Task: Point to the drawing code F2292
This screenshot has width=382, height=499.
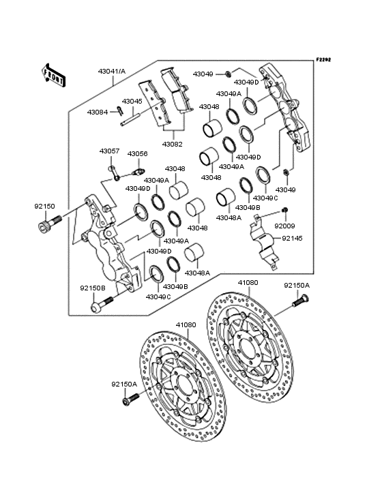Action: pos(323,59)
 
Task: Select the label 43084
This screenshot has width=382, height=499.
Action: pos(98,112)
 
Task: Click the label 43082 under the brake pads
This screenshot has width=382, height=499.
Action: pos(172,144)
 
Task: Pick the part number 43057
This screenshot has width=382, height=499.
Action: pos(109,151)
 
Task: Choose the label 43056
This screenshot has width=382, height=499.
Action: pos(138,153)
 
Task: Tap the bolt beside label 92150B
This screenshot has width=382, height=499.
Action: pos(98,305)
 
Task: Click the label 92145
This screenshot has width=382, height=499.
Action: pos(293,239)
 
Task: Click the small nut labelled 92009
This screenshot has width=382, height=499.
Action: pos(287,209)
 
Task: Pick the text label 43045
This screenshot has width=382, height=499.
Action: pos(132,101)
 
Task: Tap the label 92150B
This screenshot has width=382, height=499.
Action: pos(93,288)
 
